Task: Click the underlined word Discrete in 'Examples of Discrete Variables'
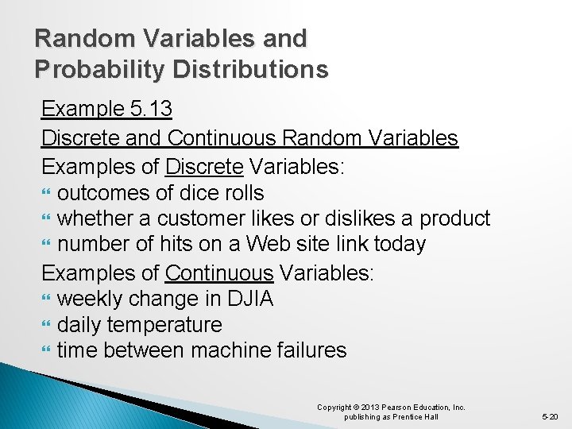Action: pyautogui.click(x=203, y=167)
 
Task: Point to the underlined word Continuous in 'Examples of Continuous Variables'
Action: pyautogui.click(x=219, y=272)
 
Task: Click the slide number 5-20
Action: pyautogui.click(x=551, y=416)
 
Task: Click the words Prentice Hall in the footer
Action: pyautogui.click(x=419, y=417)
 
